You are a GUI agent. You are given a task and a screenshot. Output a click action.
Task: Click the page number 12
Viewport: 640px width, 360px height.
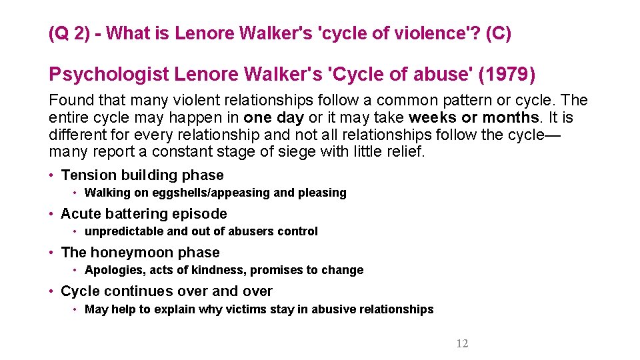[x=462, y=344]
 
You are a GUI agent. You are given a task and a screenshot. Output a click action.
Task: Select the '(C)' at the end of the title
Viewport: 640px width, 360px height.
[x=499, y=33]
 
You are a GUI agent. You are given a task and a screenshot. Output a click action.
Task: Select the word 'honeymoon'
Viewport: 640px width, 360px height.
[x=125, y=253]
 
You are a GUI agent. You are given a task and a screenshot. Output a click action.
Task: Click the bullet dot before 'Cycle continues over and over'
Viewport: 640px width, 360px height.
[x=51, y=291]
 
